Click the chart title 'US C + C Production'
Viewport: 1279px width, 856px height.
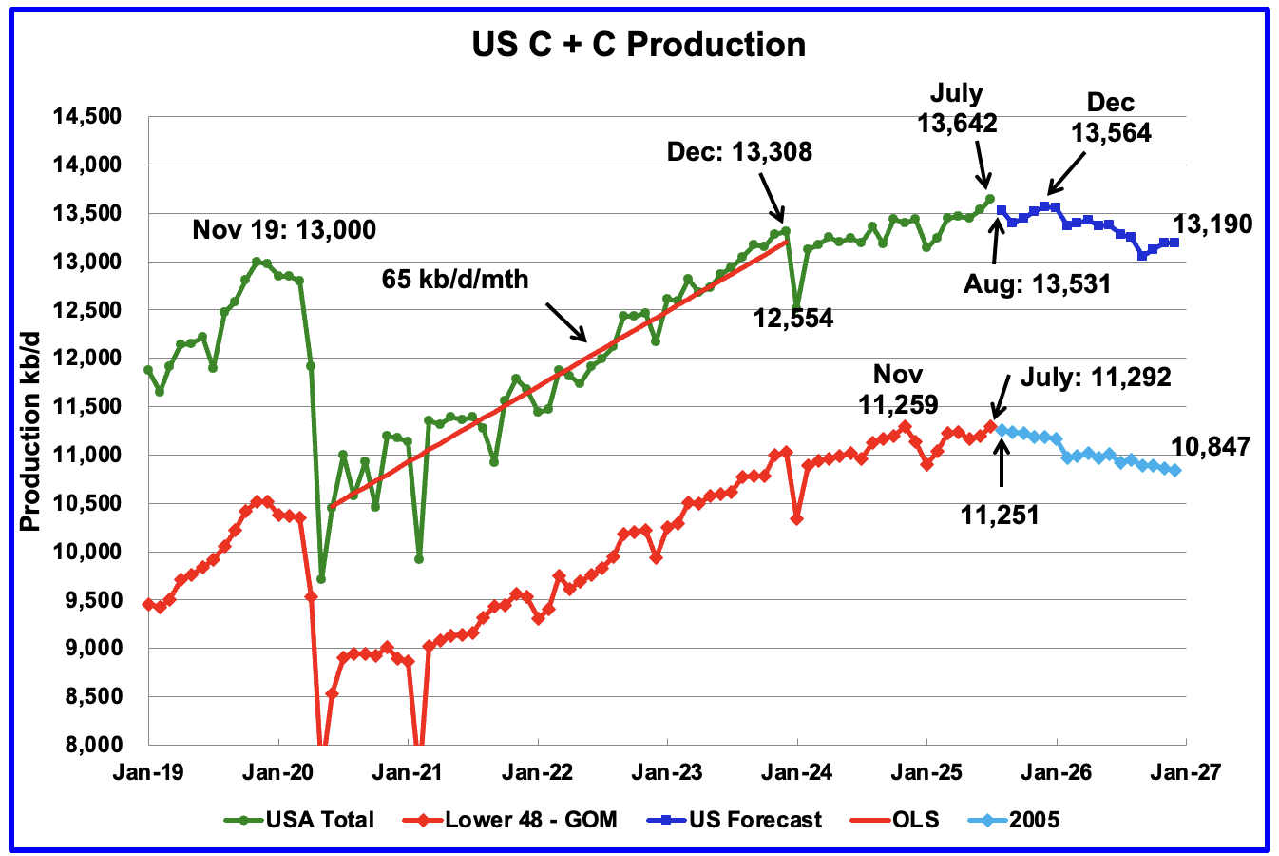click(639, 45)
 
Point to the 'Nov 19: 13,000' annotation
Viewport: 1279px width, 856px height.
click(284, 229)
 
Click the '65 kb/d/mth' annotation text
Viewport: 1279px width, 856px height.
click(455, 279)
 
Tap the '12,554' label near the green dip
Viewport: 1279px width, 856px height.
click(793, 319)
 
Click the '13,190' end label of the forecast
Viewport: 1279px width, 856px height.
click(1212, 224)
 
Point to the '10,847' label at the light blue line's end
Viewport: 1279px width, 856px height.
click(1211, 446)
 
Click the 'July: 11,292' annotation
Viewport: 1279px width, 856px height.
click(1096, 378)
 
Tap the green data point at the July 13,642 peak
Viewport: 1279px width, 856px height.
click(989, 199)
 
